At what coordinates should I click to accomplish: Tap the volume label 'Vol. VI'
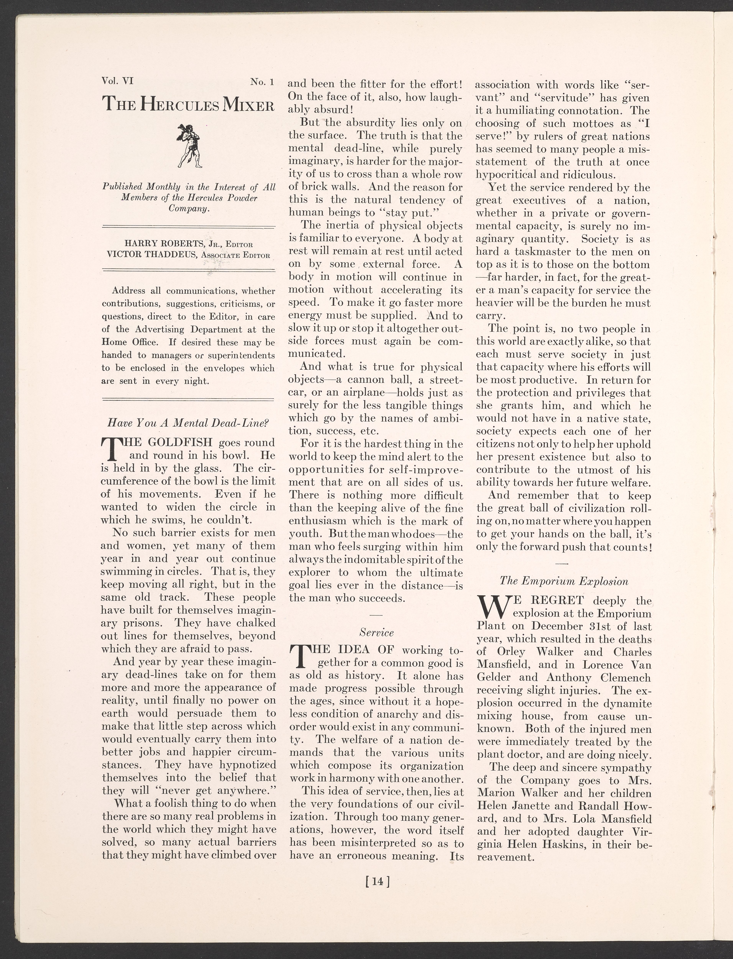[x=117, y=81]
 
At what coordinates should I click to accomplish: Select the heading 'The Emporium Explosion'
[x=564, y=581]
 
